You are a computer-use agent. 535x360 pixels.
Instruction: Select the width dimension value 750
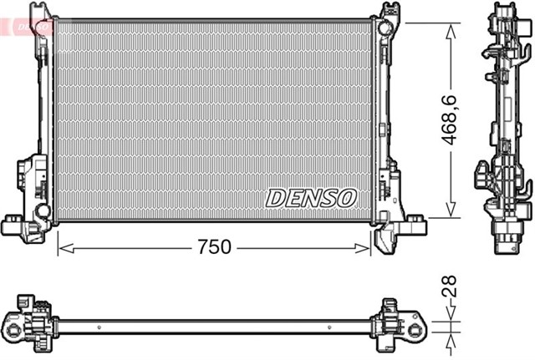click(214, 248)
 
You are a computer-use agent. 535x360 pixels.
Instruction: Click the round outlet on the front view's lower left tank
click(40, 209)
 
